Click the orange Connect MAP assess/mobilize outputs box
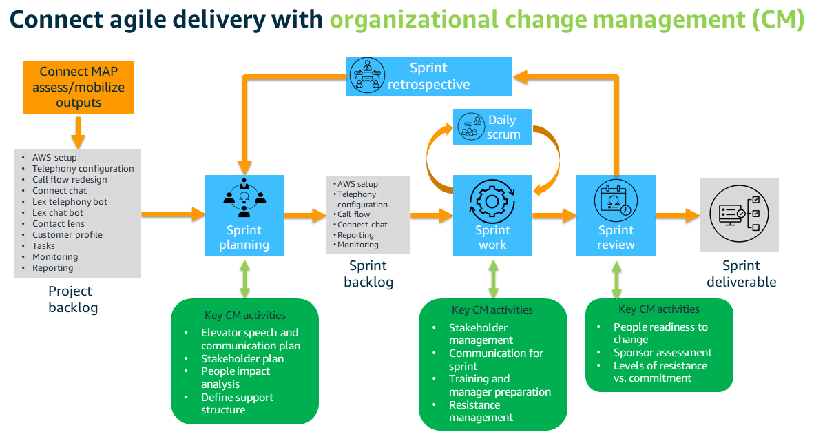pyautogui.click(x=79, y=88)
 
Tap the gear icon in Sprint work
pyautogui.click(x=492, y=201)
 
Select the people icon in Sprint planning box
pyautogui.click(x=244, y=198)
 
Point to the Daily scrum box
pyautogui.click(x=492, y=127)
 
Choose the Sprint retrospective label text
pyautogui.click(x=428, y=76)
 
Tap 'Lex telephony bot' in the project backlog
pyautogui.click(x=70, y=202)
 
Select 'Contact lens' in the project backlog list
pyautogui.click(x=59, y=224)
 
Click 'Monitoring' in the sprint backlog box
pyautogui.click(x=357, y=245)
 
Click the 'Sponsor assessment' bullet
pyautogui.click(x=662, y=353)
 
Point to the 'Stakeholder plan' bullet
pyautogui.click(x=242, y=358)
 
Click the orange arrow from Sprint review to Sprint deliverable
pyautogui.click(x=676, y=216)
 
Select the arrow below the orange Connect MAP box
pyautogui.click(x=78, y=132)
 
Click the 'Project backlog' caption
pyautogui.click(x=72, y=299)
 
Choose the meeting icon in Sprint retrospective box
pyautogui.click(x=367, y=75)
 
